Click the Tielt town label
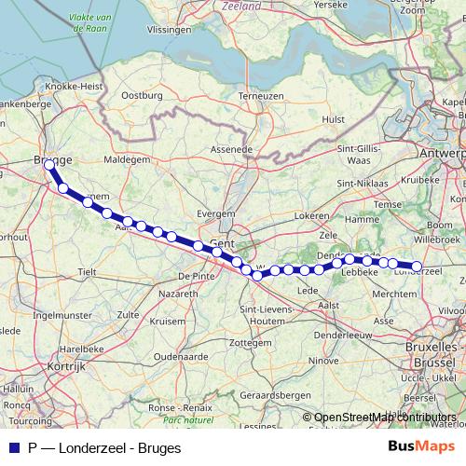[87, 271]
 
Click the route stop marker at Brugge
[49, 164]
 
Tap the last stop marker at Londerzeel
[417, 267]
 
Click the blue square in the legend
[14, 447]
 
